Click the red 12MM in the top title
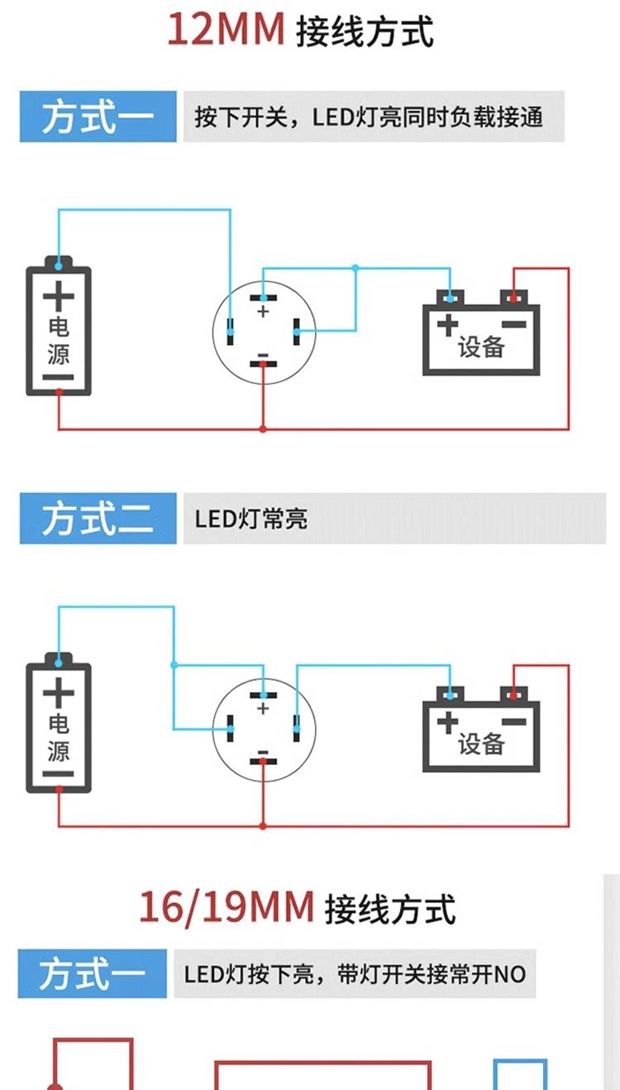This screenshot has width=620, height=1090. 226,30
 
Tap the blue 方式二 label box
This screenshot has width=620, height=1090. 98,519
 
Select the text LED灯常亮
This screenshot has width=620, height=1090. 251,519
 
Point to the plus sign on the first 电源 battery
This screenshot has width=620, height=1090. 59,296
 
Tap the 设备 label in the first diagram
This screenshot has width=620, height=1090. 480,347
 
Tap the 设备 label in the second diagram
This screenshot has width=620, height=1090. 480,744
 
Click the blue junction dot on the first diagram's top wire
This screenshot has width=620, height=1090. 355,268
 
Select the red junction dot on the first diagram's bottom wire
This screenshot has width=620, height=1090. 263,429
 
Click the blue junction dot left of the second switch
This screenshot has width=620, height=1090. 174,665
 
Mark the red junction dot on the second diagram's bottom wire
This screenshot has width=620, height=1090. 263,826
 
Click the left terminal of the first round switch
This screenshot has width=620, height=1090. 230,332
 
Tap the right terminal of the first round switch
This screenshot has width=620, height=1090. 296,332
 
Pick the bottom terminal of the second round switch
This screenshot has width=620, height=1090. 263,761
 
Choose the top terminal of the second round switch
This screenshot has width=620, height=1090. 263,696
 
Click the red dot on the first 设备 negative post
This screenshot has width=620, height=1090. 513,298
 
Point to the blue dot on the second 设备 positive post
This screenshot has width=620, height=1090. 450,696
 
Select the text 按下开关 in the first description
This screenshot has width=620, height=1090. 241,117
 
